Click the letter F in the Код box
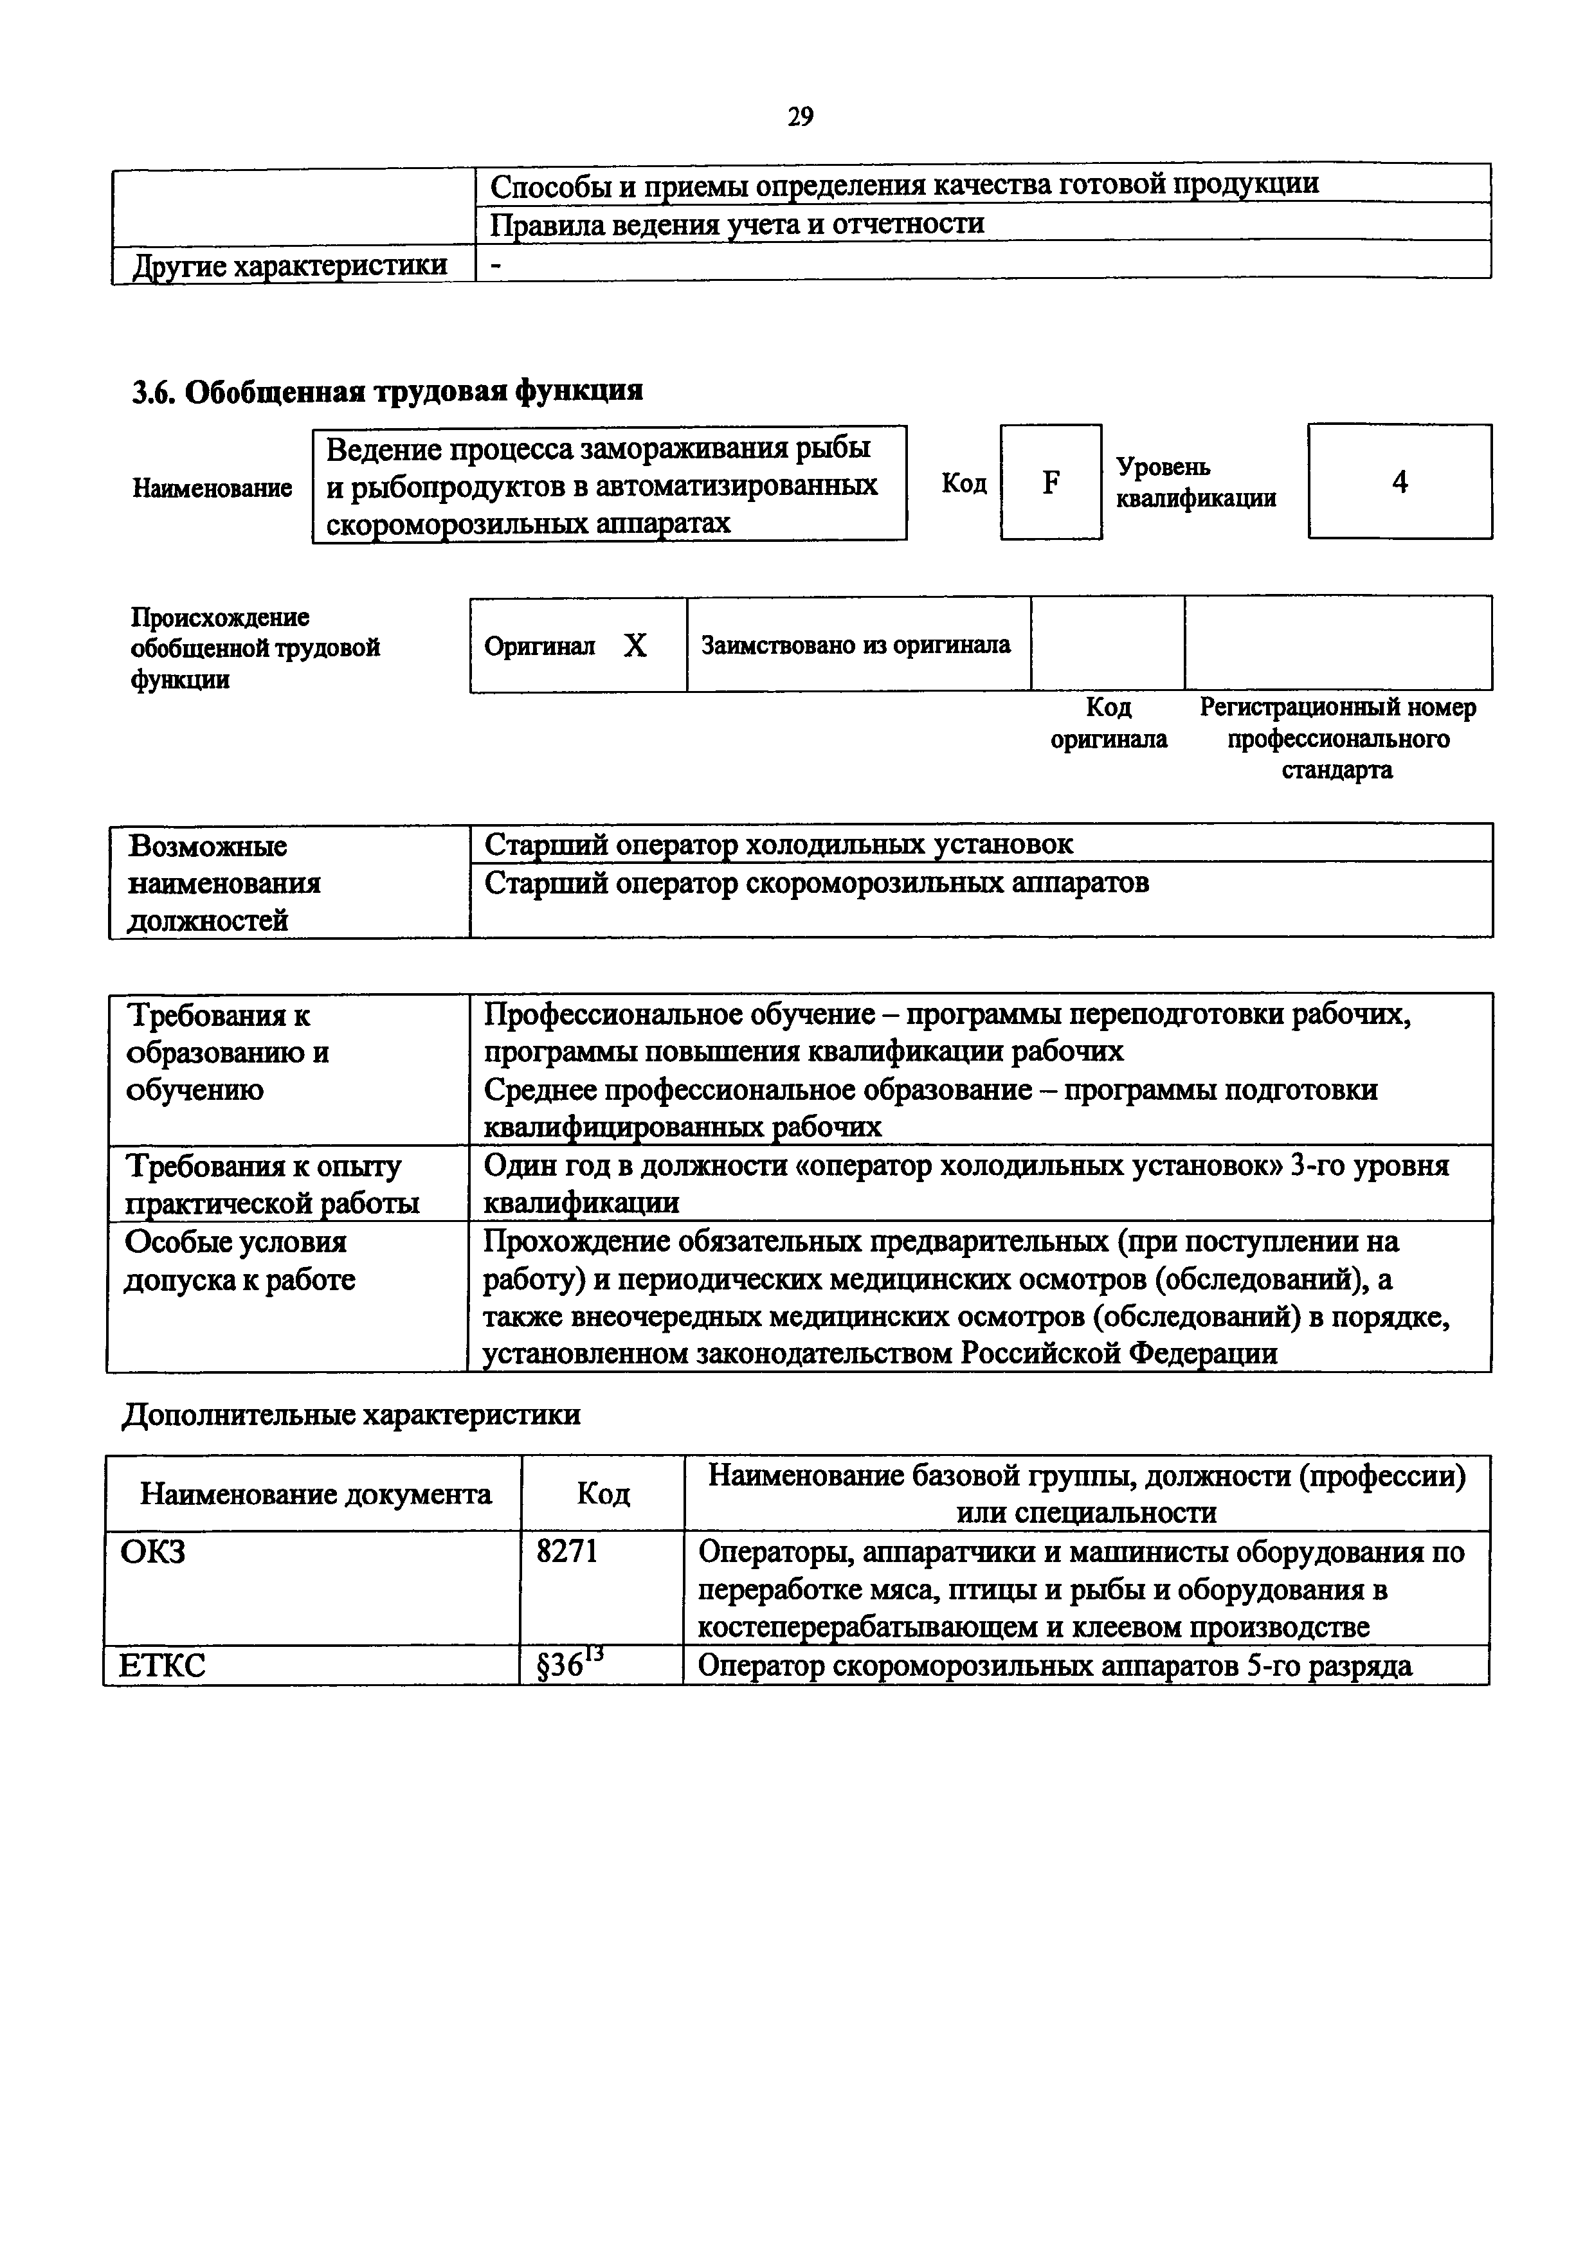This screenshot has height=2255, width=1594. click(1050, 482)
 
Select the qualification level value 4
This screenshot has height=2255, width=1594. click(1400, 482)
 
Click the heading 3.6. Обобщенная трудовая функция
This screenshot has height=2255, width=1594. click(387, 391)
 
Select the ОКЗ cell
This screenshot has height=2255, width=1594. click(153, 1552)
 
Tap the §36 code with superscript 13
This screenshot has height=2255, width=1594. click(570, 1666)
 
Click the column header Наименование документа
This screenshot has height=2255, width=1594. click(315, 1494)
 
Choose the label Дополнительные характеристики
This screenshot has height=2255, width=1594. click(350, 1414)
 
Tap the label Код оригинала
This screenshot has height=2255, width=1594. click(1108, 723)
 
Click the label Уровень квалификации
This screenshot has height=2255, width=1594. click(1195, 482)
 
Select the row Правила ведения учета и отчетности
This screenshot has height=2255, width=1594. click(737, 224)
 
